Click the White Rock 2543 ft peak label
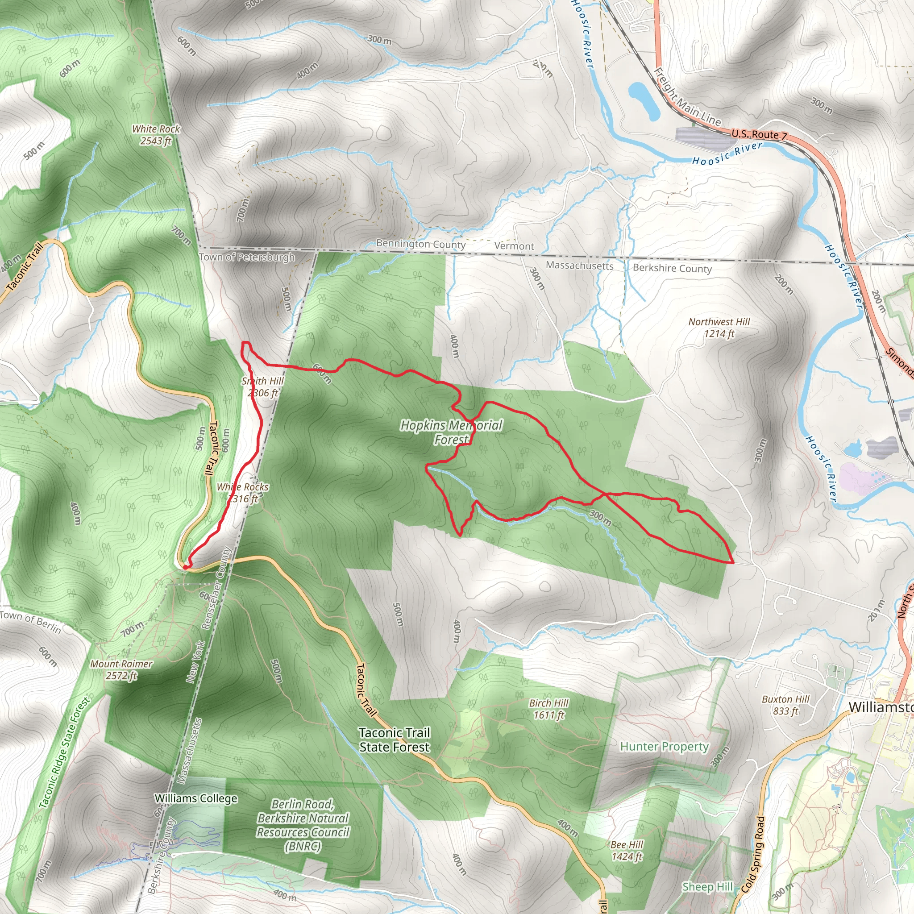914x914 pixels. tap(156, 135)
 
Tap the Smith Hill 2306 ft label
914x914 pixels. tap(262, 387)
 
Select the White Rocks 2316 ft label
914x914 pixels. tap(243, 493)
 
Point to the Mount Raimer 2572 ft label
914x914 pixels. tap(121, 670)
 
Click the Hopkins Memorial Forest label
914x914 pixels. tap(451, 432)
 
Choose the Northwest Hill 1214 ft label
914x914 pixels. tap(719, 328)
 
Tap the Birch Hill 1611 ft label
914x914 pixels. tap(549, 709)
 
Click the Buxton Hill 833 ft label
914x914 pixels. tap(786, 705)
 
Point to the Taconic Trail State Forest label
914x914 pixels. tap(394, 740)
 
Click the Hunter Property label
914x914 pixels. tap(664, 747)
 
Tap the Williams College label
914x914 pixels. tap(196, 798)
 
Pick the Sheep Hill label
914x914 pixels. tap(707, 887)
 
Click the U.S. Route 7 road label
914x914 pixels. tap(759, 134)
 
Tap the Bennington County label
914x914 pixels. tap(420, 244)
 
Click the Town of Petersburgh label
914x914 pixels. tap(247, 257)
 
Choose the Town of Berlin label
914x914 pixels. tap(31, 622)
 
